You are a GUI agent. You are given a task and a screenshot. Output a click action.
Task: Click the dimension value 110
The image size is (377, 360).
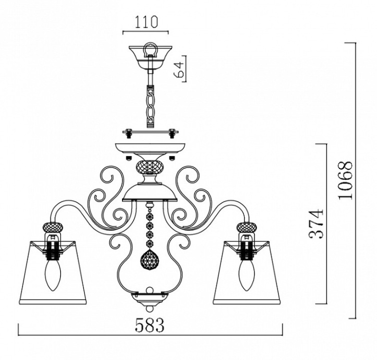tap(146, 22)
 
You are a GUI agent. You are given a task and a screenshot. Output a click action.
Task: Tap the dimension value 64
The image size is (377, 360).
tap(179, 69)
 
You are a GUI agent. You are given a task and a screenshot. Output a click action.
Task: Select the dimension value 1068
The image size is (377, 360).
tap(345, 180)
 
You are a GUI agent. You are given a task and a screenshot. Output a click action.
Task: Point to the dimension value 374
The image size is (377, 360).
tap(315, 224)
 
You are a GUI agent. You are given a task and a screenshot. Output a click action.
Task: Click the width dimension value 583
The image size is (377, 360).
tap(150, 325)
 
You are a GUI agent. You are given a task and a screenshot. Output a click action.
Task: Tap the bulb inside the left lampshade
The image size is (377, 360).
tap(53, 275)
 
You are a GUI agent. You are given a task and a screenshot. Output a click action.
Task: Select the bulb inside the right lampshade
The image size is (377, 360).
tap(246, 275)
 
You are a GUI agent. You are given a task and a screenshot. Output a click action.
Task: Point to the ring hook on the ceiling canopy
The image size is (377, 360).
tap(150, 50)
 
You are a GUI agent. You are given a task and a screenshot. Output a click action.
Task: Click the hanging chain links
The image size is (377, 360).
tap(150, 106)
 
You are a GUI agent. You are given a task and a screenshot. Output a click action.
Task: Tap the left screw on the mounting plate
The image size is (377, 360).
tap(129, 134)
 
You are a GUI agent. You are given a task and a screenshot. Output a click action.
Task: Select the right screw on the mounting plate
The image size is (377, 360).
tap(172, 134)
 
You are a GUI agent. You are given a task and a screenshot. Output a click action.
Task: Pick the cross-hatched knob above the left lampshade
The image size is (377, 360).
tap(53, 226)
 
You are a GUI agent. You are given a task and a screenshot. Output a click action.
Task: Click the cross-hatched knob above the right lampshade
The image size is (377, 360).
tap(247, 226)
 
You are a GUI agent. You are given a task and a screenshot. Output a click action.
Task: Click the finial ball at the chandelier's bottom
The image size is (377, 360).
tap(150, 308)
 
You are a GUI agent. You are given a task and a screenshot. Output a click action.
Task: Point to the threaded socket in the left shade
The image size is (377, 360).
tap(53, 250)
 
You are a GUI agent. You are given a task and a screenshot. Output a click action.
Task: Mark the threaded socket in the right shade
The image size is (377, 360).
tap(246, 250)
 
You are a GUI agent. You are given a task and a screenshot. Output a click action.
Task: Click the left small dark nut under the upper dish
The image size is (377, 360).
tap(129, 158)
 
